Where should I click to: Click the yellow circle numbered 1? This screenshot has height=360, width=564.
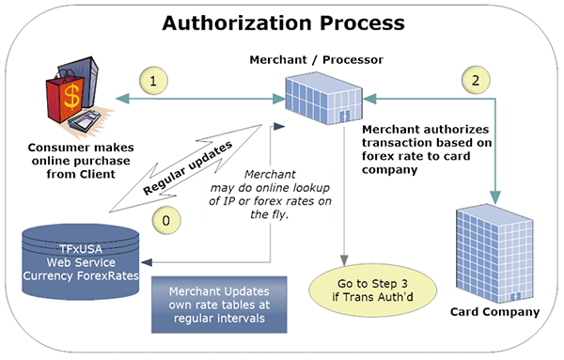(x=153, y=81)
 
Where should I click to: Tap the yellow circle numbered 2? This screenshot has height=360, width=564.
(x=476, y=80)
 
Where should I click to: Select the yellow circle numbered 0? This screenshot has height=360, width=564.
(x=166, y=221)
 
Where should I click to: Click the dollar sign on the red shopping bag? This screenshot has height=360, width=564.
(x=71, y=96)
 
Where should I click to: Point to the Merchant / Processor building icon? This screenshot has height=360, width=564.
(x=323, y=99)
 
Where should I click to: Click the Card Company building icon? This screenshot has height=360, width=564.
(x=494, y=253)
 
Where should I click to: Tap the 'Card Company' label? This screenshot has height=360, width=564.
(x=494, y=311)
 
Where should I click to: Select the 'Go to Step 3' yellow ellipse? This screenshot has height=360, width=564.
(x=373, y=290)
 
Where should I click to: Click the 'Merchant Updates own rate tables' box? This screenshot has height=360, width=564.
(x=219, y=305)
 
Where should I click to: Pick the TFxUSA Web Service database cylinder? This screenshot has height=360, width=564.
(x=81, y=262)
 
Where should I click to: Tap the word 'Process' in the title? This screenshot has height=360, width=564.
(x=362, y=23)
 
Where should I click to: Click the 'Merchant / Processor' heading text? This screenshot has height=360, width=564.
(x=317, y=60)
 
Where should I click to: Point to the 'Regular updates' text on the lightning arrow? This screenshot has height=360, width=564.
(x=187, y=168)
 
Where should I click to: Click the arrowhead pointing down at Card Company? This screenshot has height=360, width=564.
(x=495, y=197)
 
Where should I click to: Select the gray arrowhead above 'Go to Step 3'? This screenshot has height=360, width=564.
(x=344, y=260)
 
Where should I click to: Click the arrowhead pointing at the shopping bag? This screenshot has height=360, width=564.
(x=122, y=99)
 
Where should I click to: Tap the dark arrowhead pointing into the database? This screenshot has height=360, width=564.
(x=147, y=262)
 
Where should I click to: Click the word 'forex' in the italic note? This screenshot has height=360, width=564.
(x=268, y=201)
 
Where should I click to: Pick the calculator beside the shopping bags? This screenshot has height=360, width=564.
(x=85, y=121)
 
